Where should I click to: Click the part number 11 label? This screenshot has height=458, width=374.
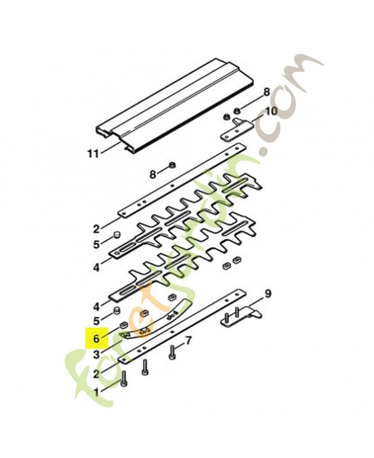click(93, 153)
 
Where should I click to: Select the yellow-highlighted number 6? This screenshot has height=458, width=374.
click(96, 339)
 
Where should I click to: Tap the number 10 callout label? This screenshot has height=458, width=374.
click(271, 110)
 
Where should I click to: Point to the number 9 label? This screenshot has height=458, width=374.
click(268, 293)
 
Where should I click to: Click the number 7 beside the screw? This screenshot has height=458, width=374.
click(189, 340)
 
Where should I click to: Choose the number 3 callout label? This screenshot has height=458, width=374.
click(96, 355)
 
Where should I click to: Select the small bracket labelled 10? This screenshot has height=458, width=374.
click(236, 129)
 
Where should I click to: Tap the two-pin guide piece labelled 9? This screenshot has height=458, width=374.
click(240, 318)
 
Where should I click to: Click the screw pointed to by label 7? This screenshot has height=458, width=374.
click(172, 352)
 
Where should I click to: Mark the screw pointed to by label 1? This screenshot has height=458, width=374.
click(123, 379)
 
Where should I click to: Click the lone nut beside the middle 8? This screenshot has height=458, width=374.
click(172, 165)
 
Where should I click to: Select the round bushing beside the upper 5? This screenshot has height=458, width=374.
click(118, 235)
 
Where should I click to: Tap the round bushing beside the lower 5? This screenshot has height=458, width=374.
click(118, 310)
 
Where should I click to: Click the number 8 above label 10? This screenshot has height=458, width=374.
click(266, 92)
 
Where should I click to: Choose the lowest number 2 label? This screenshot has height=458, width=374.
click(96, 374)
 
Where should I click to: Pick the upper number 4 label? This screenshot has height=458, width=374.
click(96, 267)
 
